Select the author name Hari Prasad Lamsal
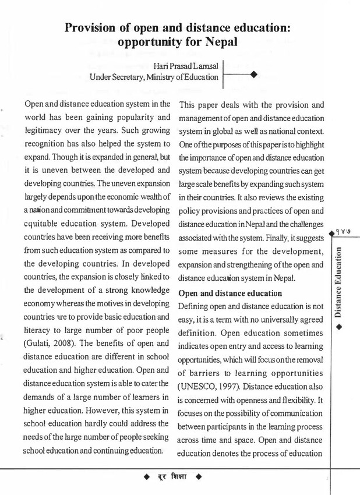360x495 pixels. [187, 65]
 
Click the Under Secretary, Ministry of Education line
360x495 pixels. [154, 76]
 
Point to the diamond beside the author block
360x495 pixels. [253, 74]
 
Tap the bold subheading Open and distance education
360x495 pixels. [230, 293]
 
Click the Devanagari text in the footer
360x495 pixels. [172, 478]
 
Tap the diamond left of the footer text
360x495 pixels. [147, 478]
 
